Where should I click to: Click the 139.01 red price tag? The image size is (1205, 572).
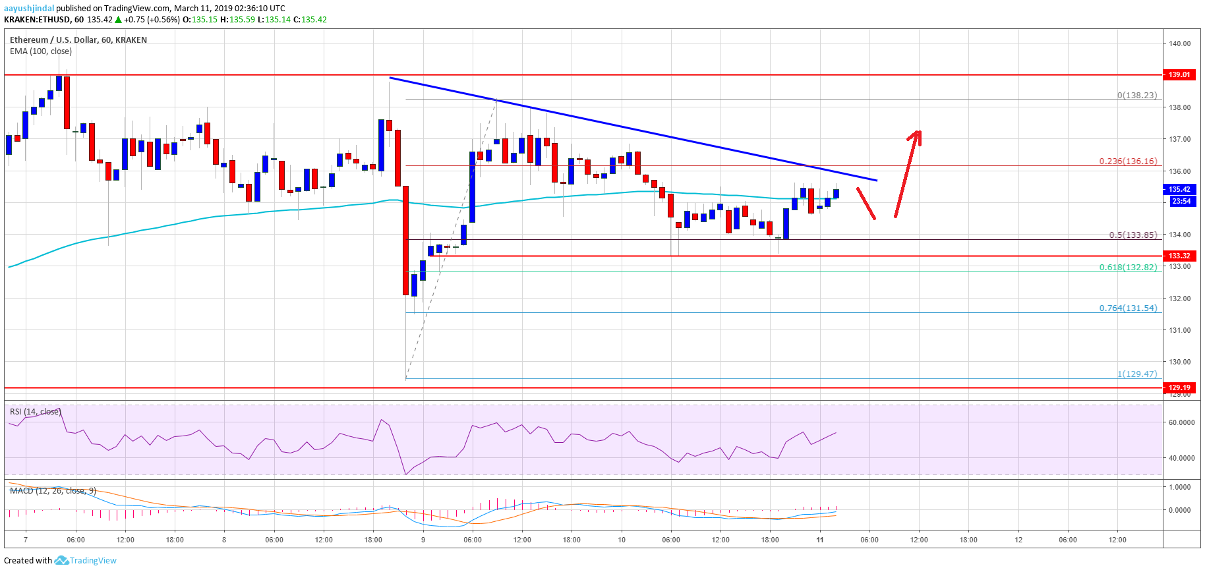click(1179, 74)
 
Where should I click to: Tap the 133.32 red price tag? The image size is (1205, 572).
click(1179, 256)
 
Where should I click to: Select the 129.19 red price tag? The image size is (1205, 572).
click(1179, 387)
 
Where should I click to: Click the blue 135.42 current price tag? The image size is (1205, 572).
click(1179, 189)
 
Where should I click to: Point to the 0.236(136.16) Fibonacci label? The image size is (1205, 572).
click(1127, 161)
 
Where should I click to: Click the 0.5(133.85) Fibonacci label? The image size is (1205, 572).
click(1132, 235)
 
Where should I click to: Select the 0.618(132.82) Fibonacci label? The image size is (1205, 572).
click(1127, 267)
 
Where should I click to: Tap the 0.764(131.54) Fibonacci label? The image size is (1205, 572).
click(1127, 308)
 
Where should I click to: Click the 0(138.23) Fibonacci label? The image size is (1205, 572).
click(1136, 95)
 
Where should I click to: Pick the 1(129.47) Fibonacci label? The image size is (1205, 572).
click(1136, 374)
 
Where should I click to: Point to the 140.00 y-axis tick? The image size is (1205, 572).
click(1179, 43)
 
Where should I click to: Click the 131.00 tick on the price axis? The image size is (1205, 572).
click(1179, 330)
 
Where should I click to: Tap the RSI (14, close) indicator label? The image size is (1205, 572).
click(35, 411)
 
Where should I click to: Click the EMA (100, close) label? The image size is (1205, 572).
click(41, 51)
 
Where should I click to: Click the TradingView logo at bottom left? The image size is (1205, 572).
click(86, 560)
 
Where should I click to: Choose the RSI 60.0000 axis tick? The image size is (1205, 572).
click(1181, 422)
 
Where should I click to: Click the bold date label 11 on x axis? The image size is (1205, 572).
click(819, 540)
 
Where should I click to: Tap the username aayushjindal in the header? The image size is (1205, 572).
click(29, 8)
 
